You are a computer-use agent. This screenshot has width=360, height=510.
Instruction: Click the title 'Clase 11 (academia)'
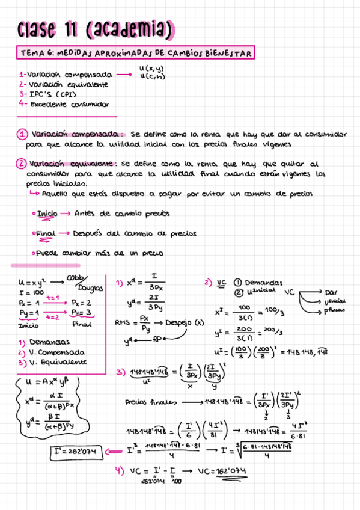point(96,28)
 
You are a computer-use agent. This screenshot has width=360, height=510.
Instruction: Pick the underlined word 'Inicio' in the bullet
point(47,214)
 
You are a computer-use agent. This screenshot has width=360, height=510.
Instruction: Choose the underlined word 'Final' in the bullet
point(46,233)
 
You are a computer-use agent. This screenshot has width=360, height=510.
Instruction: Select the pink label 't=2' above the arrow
point(53,317)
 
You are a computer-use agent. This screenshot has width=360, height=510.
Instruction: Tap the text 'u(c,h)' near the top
point(152,76)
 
